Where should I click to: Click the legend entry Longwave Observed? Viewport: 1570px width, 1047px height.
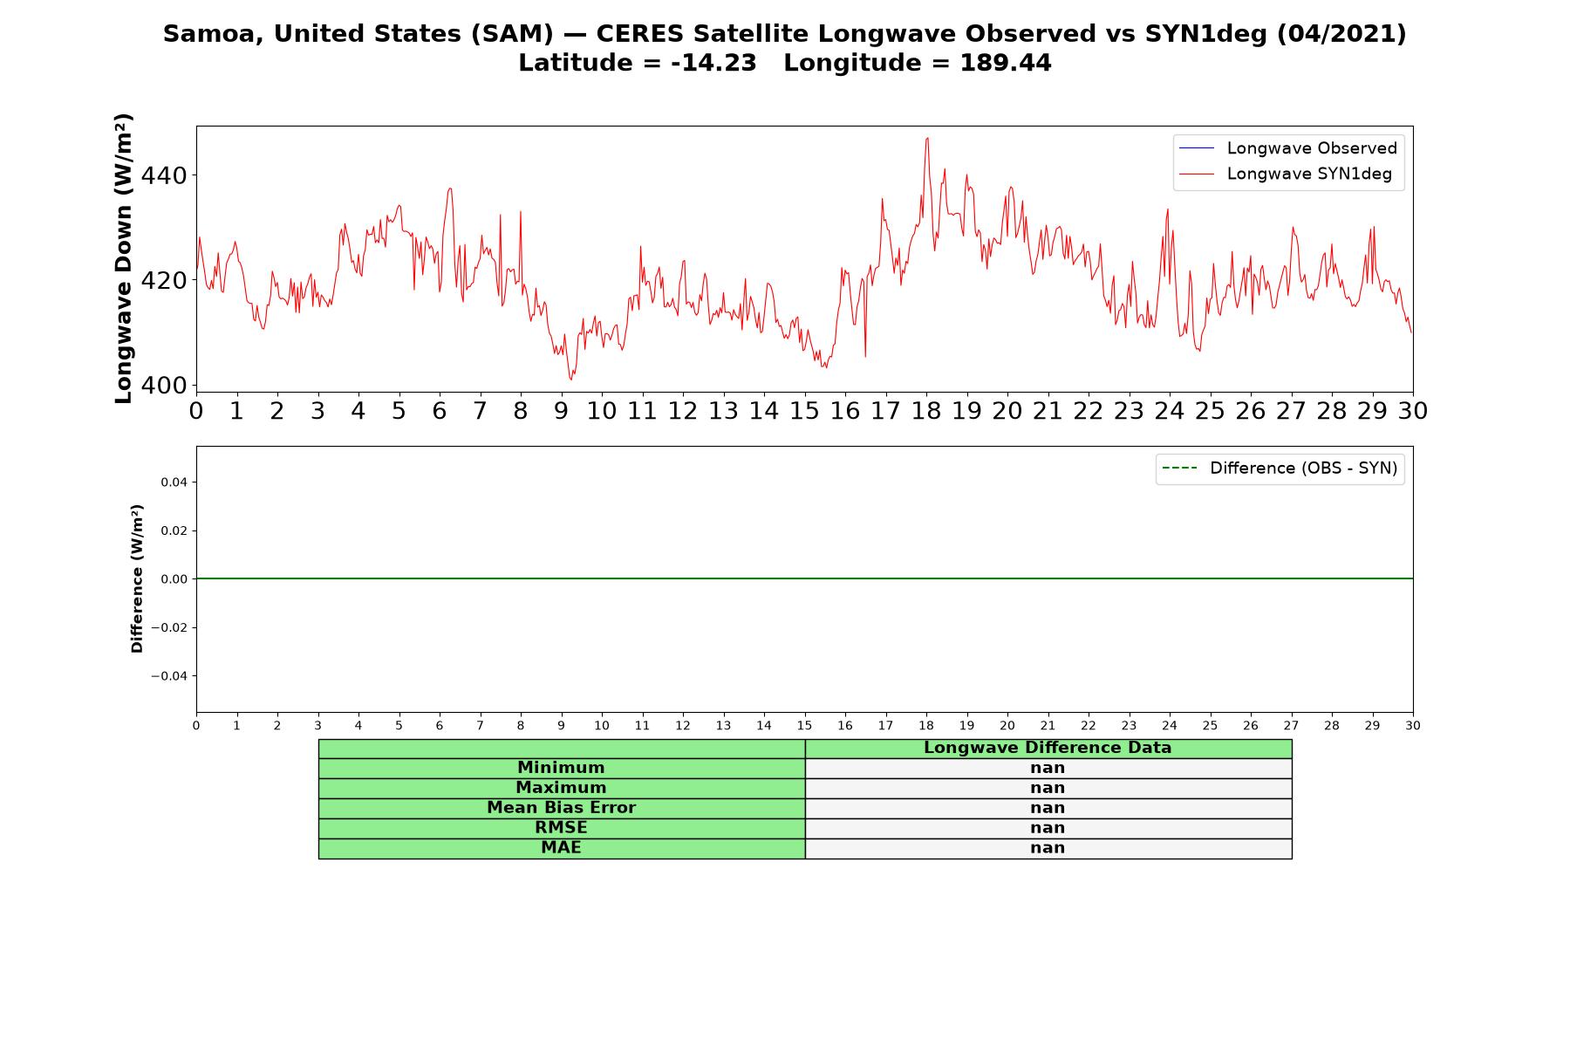(1287, 148)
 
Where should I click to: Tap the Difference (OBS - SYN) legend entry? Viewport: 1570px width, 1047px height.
(1280, 469)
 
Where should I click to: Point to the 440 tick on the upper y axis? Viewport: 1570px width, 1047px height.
(164, 176)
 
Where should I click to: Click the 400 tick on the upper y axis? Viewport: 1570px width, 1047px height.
(164, 386)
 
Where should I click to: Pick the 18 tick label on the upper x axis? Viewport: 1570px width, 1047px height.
(926, 411)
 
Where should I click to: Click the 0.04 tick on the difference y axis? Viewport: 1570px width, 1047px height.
(174, 482)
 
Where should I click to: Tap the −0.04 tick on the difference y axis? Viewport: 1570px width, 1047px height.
(169, 676)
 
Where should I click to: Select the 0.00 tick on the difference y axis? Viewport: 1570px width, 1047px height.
(174, 579)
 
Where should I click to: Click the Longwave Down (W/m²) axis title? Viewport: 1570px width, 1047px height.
(123, 258)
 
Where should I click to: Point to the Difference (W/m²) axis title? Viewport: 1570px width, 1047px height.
(137, 578)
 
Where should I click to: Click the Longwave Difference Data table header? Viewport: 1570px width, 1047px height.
(1048, 748)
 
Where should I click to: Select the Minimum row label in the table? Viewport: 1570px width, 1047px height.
(561, 768)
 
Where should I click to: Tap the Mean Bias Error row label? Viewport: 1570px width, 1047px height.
(561, 808)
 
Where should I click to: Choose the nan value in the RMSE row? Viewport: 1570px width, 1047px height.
(1048, 828)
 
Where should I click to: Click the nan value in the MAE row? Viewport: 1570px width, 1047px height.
(1048, 848)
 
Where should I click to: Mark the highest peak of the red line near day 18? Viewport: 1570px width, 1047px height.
(927, 138)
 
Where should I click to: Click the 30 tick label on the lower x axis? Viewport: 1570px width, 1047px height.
(1413, 726)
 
